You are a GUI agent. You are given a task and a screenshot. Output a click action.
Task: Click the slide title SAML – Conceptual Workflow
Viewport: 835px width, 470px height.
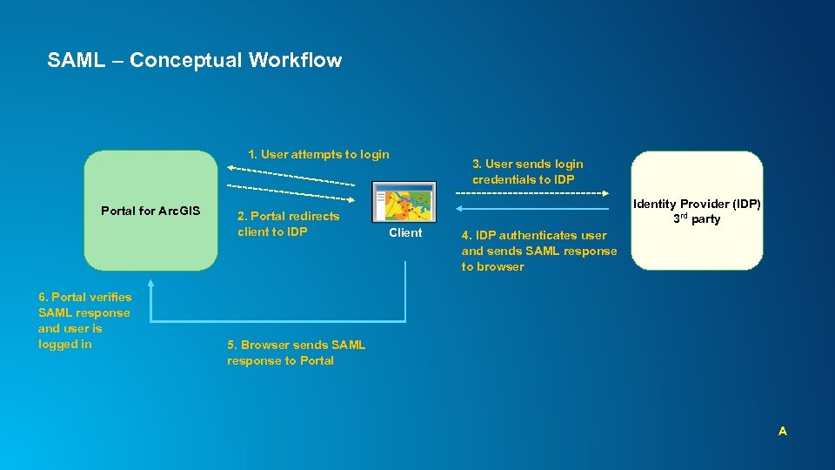[194, 60]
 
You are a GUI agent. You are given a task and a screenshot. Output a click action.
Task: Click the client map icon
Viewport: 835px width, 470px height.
[404, 202]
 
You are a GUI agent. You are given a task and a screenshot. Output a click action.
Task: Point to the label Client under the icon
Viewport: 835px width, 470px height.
[405, 232]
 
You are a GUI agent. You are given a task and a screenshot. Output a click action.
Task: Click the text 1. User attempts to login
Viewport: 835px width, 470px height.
[318, 154]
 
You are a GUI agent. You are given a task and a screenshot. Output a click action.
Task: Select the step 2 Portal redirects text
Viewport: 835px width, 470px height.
[288, 224]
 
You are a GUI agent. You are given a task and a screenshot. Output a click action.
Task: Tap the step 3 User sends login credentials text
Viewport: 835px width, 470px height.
[527, 171]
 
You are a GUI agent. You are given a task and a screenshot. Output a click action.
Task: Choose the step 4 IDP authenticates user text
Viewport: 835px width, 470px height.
[538, 251]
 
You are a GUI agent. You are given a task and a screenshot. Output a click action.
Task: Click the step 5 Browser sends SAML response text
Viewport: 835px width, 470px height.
[296, 352]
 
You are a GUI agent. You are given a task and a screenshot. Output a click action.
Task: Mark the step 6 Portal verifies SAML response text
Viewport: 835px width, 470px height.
[84, 320]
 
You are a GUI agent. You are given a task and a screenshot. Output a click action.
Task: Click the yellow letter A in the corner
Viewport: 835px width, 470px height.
[783, 431]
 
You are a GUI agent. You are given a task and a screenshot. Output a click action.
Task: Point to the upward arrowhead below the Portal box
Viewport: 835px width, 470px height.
[150, 284]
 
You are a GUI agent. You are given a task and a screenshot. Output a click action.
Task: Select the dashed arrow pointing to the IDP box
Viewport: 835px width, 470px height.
[531, 191]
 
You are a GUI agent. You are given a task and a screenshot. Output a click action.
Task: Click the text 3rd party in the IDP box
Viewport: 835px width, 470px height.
[697, 218]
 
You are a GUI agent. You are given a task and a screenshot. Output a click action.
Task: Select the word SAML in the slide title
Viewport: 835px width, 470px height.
[76, 60]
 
